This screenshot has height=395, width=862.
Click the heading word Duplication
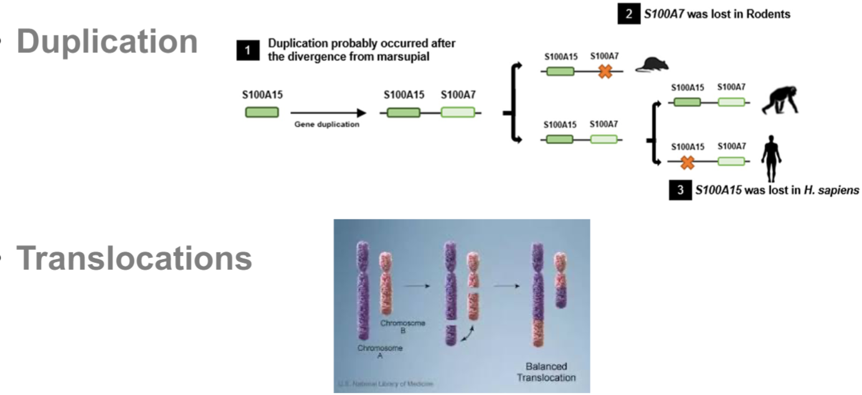pyautogui.click(x=107, y=41)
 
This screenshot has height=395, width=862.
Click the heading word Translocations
pyautogui.click(x=134, y=259)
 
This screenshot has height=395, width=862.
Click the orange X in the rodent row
pyautogui.click(x=604, y=72)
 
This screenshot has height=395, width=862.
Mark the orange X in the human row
pyautogui.click(x=687, y=163)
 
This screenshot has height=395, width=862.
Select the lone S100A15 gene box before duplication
pyautogui.click(x=262, y=113)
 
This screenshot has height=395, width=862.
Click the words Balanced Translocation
pyautogui.click(x=550, y=372)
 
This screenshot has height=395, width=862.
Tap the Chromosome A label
pyautogui.click(x=379, y=352)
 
